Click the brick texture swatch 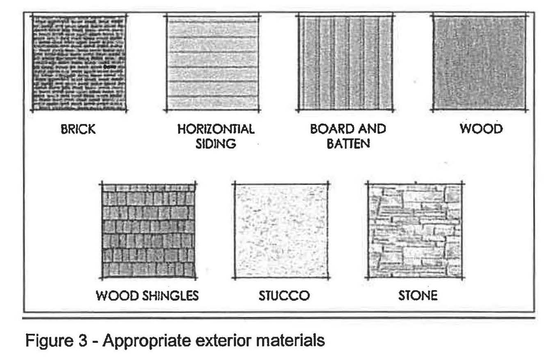(x=79, y=63)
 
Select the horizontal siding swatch (x=213, y=63)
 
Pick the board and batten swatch (x=346, y=63)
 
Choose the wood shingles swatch (x=148, y=231)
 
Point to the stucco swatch (x=280, y=231)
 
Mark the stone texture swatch (x=414, y=231)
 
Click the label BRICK (x=78, y=130)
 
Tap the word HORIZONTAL (x=216, y=129)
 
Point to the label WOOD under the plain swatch (x=481, y=129)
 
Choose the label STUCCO (x=284, y=295)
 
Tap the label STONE (x=418, y=295)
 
